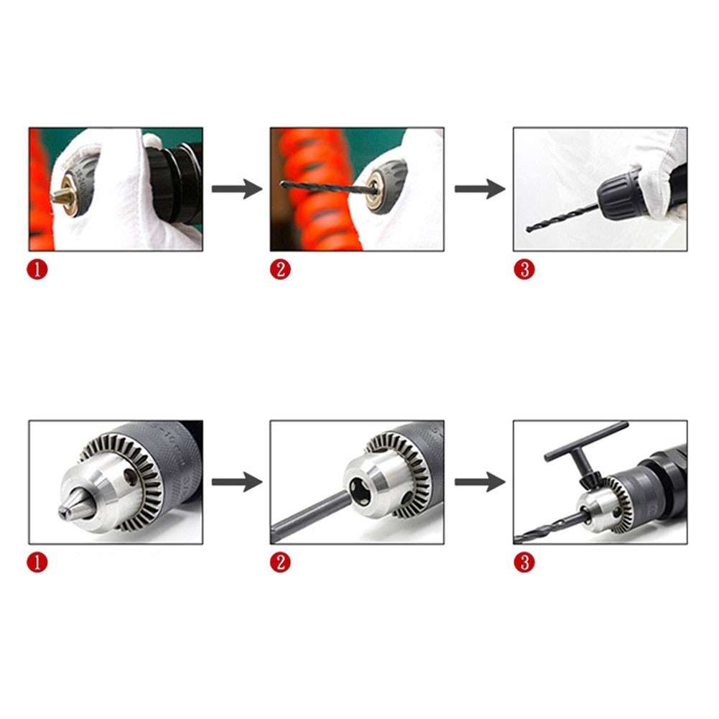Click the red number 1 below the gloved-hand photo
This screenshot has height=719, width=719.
(37, 270)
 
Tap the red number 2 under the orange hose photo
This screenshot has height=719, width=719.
(280, 270)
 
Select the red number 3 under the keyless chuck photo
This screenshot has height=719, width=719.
(524, 270)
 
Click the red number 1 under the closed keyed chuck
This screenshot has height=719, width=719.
(37, 562)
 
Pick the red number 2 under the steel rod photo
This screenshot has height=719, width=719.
(280, 562)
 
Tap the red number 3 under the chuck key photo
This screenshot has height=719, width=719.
(524, 562)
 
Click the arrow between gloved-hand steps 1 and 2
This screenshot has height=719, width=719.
(237, 190)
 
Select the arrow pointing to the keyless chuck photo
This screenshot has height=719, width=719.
(479, 190)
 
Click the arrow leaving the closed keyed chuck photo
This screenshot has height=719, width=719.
(237, 482)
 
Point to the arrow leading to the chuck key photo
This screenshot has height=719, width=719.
(479, 482)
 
